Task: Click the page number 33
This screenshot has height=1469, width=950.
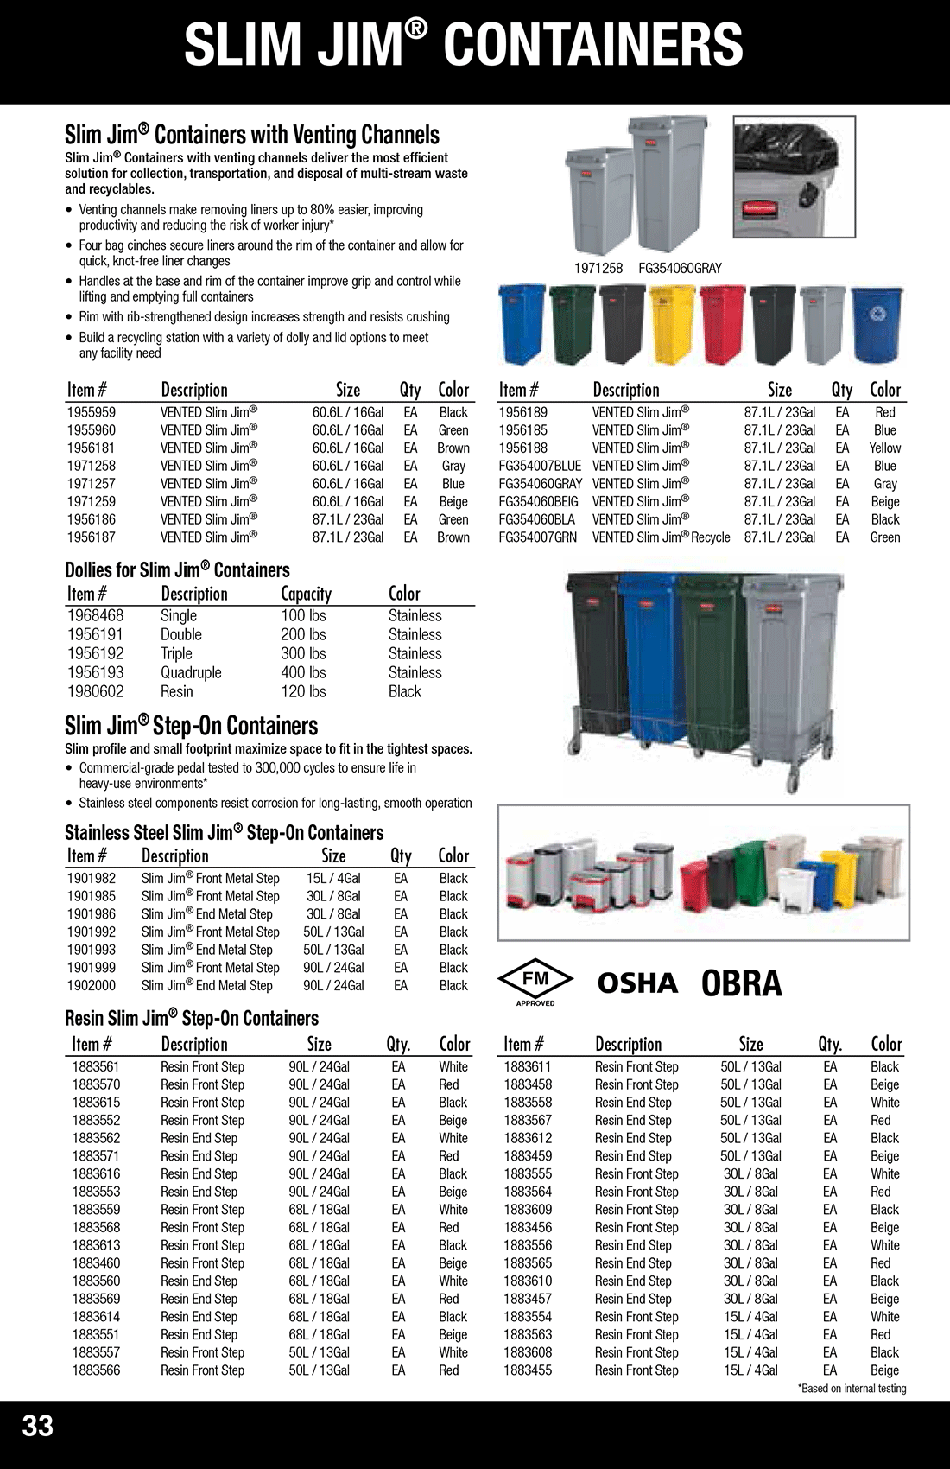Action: [x=38, y=1425]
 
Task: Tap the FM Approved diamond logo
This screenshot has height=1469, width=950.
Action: [x=535, y=981]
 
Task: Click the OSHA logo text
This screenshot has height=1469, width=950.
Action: [x=637, y=983]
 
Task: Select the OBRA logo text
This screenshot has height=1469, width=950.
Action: [x=741, y=983]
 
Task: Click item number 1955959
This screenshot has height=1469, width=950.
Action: [x=91, y=413]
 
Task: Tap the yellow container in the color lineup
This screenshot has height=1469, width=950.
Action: [x=672, y=324]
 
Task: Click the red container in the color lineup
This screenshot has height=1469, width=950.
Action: [x=722, y=324]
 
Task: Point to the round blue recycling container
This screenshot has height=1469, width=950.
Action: [x=876, y=324]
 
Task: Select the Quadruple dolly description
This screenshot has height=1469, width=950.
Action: [x=191, y=672]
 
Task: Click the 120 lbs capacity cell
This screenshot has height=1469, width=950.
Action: [x=303, y=691]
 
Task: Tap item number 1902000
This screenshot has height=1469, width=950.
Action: [x=91, y=985]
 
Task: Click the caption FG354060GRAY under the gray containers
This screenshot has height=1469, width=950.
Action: [x=680, y=268]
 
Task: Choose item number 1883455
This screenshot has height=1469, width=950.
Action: [x=528, y=1370]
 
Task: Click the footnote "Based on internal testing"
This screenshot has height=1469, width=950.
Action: [x=852, y=1389]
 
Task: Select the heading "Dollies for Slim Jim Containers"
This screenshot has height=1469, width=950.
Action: [x=177, y=570]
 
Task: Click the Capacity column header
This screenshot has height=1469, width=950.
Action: [x=306, y=594]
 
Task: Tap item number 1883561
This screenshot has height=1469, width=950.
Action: [x=96, y=1067]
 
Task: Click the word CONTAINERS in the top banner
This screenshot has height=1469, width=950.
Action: [x=593, y=45]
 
